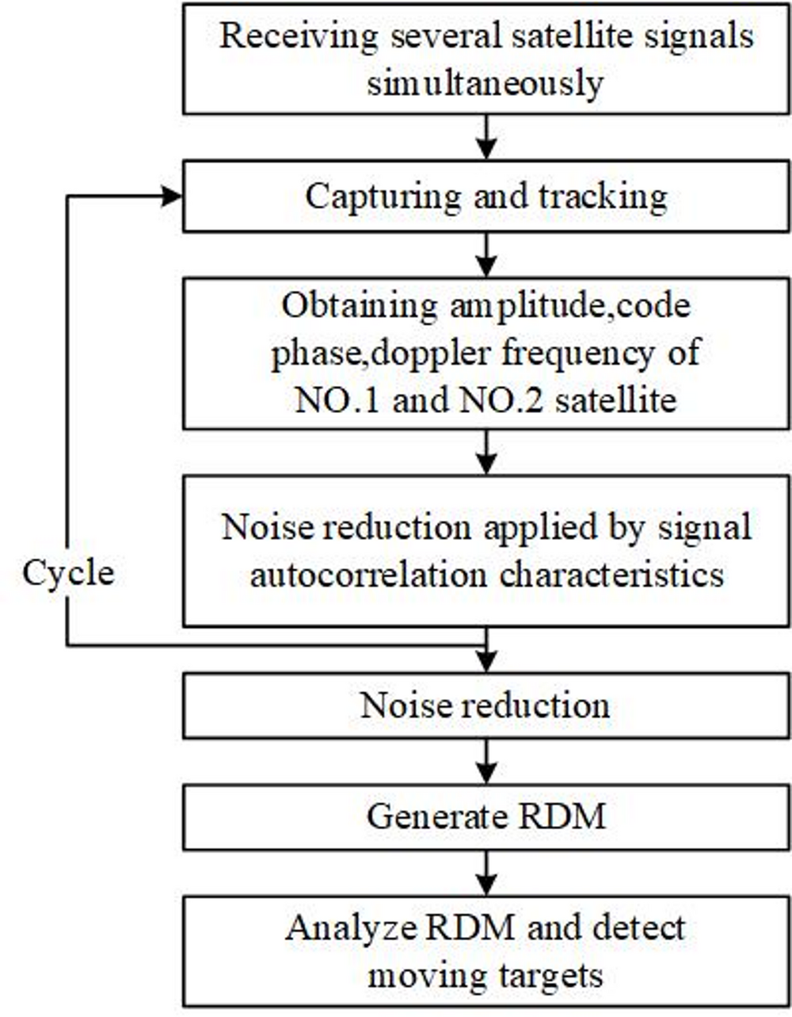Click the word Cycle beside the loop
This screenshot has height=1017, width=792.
coord(68,572)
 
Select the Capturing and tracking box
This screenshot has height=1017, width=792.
coord(486,196)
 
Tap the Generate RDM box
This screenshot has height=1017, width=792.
coord(486,817)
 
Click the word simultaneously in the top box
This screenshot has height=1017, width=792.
coord(485,82)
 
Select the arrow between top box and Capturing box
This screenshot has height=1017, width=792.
coord(487,137)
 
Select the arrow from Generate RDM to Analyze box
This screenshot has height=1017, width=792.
coord(487,873)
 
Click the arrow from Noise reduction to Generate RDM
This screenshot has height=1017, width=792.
coord(487,761)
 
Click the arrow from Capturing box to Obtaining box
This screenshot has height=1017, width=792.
coord(487,254)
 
